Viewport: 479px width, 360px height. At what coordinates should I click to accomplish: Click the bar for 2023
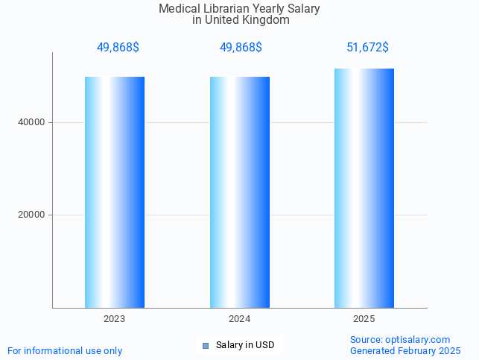point(114,192)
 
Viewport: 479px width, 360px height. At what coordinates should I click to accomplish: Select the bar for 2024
point(239,192)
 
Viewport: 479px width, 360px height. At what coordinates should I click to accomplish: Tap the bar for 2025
point(364,189)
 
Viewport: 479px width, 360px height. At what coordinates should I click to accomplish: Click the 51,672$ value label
point(367,48)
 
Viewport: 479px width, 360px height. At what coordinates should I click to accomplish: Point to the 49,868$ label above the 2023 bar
point(118,48)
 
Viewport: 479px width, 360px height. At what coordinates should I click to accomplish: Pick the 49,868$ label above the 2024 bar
point(241,48)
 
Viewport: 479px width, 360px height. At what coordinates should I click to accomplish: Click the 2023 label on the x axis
point(114,318)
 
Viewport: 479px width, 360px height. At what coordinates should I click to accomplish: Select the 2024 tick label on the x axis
point(239,318)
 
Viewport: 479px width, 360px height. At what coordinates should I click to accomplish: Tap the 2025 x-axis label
point(364,318)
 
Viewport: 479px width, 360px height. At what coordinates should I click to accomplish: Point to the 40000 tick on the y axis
point(32,122)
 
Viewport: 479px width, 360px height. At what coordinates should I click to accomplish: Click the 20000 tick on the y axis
point(32,215)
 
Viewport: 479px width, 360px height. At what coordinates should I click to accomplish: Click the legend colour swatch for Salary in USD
point(206,345)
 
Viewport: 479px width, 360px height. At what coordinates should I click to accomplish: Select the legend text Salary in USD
point(245,345)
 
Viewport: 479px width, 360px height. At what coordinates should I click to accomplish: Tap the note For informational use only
point(65,350)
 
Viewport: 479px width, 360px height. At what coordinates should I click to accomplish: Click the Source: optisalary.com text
point(400,339)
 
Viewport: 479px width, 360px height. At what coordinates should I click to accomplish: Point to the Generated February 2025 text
point(405,350)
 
